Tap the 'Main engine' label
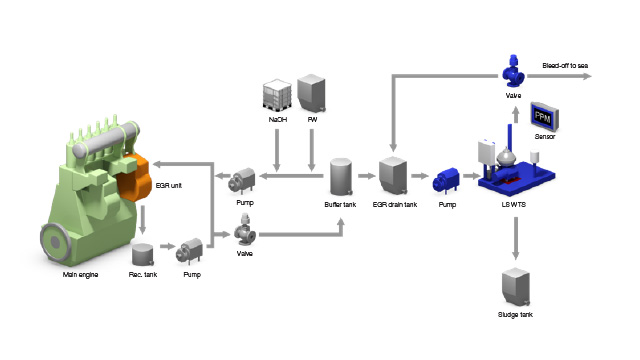pyautogui.click(x=80, y=275)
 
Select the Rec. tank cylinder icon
pyautogui.click(x=143, y=255)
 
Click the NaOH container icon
pyautogui.click(x=277, y=95)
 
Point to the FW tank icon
pyautogui.click(x=311, y=93)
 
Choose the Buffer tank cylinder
pyautogui.click(x=341, y=177)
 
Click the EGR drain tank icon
pyautogui.click(x=393, y=176)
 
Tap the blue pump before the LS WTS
pyautogui.click(x=446, y=181)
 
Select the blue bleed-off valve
pyautogui.click(x=513, y=71)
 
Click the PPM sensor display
pyautogui.click(x=544, y=116)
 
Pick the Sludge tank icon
pyautogui.click(x=516, y=287)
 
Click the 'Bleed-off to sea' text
pyautogui.click(x=565, y=66)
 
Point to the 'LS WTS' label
pyautogui.click(x=513, y=204)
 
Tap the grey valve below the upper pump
pyautogui.click(x=245, y=231)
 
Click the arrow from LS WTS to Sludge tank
pyautogui.click(x=516, y=238)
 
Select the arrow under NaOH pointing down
pyautogui.click(x=277, y=150)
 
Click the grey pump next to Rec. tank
pyautogui.click(x=189, y=251)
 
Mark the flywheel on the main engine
pyautogui.click(x=56, y=242)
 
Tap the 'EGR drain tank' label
pyautogui.click(x=395, y=204)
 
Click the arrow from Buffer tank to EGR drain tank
pyautogui.click(x=367, y=176)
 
